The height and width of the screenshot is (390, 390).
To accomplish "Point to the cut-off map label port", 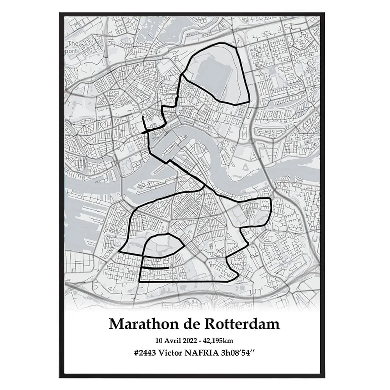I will click(x=72, y=51).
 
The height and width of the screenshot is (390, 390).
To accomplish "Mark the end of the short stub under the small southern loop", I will click(x=168, y=268).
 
